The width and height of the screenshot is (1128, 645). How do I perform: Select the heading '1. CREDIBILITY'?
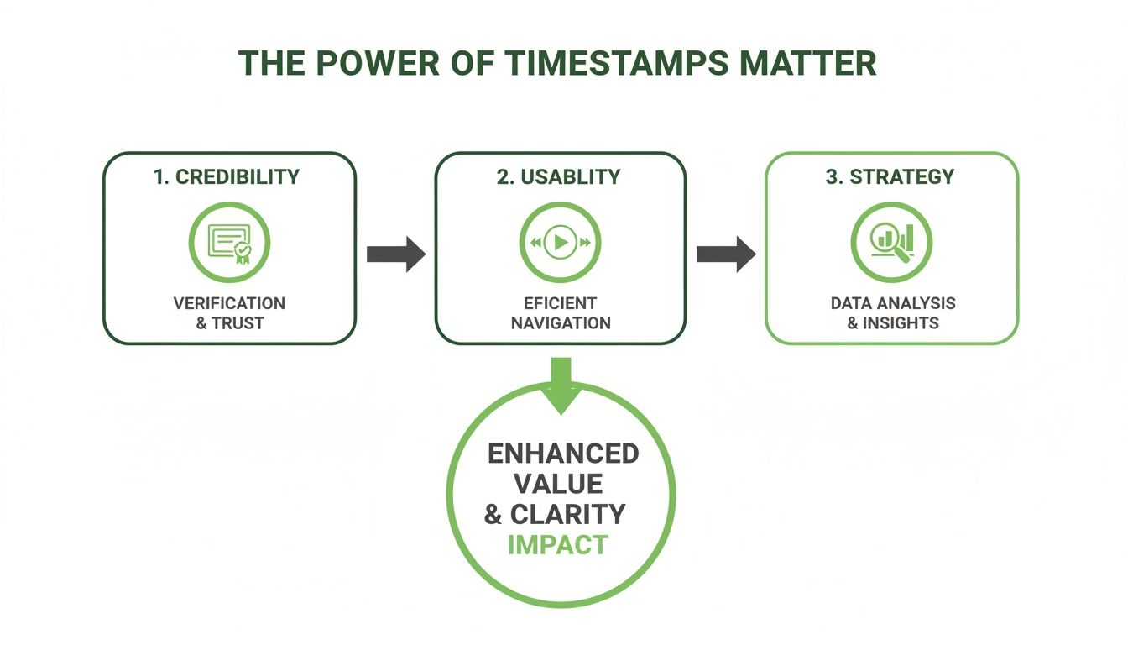tap(227, 176)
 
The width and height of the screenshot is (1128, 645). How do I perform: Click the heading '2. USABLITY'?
tap(559, 176)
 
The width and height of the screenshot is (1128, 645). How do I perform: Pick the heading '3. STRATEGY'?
tap(890, 176)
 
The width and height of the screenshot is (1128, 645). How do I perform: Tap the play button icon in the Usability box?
tap(560, 243)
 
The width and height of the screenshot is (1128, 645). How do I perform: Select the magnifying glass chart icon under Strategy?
tap(891, 242)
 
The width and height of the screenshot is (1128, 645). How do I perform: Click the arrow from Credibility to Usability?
tap(396, 254)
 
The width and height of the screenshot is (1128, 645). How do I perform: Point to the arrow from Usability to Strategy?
tap(726, 254)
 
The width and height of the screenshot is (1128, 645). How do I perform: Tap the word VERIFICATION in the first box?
tap(229, 303)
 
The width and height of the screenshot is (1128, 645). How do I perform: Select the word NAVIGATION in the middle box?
tap(561, 323)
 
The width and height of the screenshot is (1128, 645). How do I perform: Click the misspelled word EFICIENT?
tap(561, 303)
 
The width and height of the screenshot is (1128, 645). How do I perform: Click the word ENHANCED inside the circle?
tap(563, 454)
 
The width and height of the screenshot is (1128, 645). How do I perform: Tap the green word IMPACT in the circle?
tap(557, 544)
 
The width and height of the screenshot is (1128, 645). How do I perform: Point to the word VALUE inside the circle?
tap(559, 484)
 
